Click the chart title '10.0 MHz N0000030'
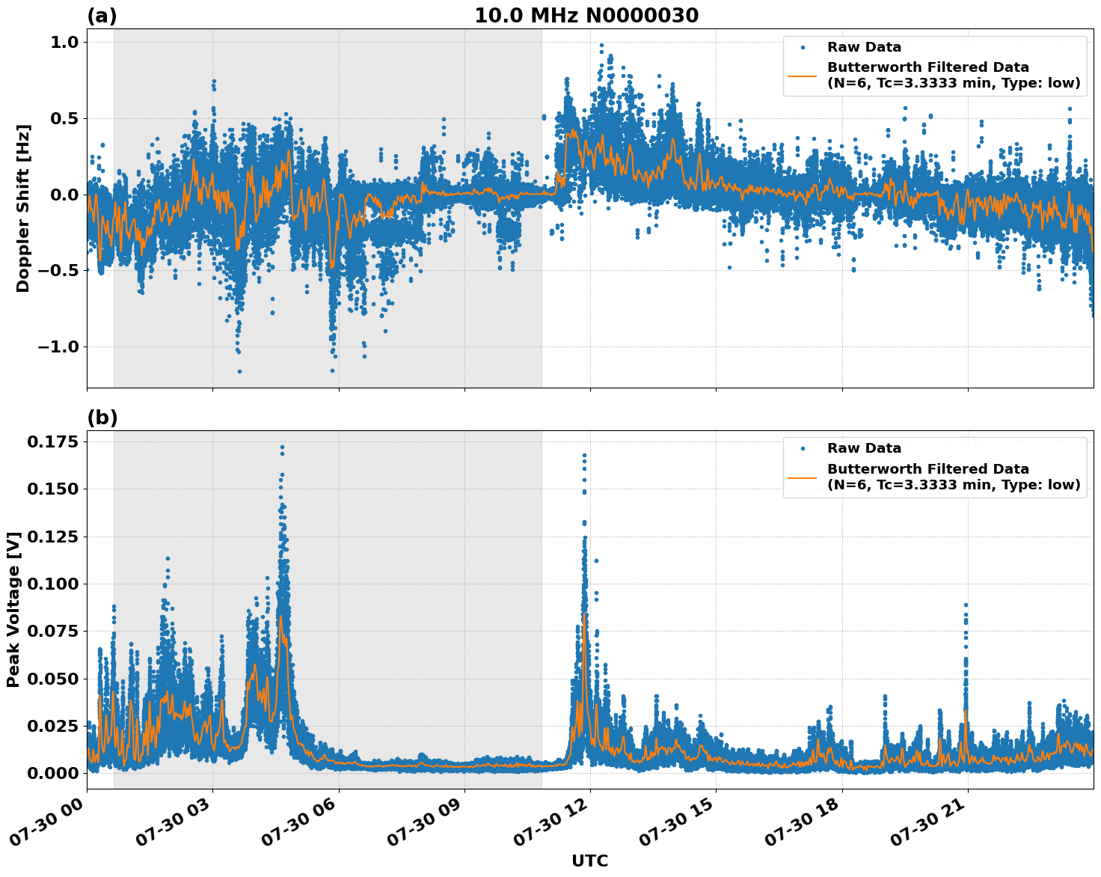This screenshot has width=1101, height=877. click(586, 16)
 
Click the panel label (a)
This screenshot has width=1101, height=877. click(102, 16)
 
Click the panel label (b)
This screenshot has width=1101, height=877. click(102, 418)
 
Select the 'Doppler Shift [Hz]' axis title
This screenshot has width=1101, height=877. click(23, 208)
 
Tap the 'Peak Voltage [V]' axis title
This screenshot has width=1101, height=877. click(13, 609)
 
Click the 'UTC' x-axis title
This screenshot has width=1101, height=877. click(589, 861)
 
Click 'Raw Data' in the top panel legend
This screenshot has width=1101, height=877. click(864, 48)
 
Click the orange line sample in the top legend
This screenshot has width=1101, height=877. click(802, 76)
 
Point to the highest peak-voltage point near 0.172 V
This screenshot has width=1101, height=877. click(282, 447)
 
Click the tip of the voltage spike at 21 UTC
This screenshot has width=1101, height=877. click(966, 605)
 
